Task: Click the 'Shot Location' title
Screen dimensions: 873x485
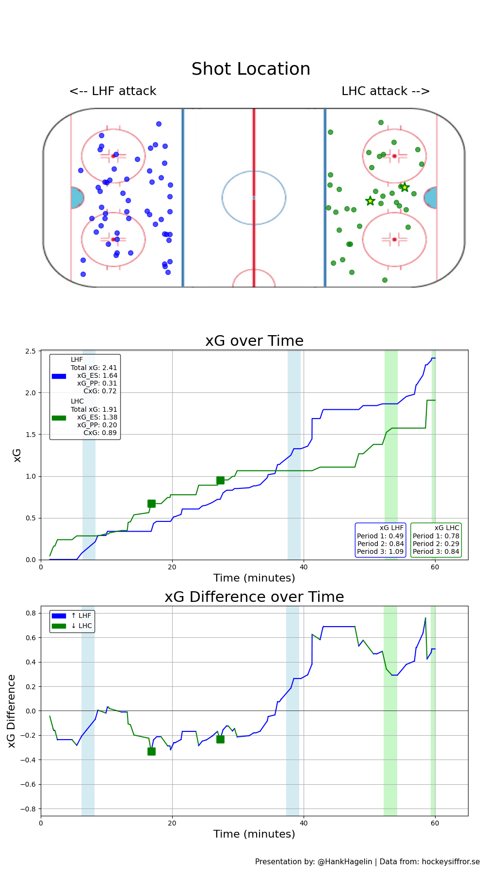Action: click(x=251, y=69)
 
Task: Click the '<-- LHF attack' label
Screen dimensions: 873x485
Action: click(x=113, y=91)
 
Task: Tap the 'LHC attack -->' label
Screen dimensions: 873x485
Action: click(x=386, y=91)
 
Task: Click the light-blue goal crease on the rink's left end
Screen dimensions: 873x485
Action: click(x=76, y=198)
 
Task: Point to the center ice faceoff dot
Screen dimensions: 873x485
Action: click(x=254, y=197)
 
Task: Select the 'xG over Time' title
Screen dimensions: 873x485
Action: click(x=254, y=341)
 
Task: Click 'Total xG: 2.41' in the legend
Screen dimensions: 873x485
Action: click(x=94, y=368)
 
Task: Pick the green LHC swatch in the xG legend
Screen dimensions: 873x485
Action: click(x=59, y=418)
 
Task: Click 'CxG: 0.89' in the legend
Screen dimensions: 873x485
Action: click(x=100, y=433)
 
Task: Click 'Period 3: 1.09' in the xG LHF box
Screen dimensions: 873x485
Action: click(x=380, y=551)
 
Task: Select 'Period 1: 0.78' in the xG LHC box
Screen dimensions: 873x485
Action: click(x=436, y=536)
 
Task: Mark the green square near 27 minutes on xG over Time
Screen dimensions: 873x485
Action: click(x=220, y=480)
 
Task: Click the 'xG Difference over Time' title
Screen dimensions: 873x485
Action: click(x=254, y=597)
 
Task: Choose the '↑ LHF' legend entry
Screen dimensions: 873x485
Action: click(x=81, y=615)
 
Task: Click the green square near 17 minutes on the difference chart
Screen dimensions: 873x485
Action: click(x=151, y=751)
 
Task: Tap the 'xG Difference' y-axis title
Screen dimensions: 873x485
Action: click(x=12, y=711)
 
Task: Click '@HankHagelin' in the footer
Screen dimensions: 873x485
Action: click(x=345, y=861)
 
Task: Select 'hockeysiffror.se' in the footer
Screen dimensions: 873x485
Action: click(x=451, y=861)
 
